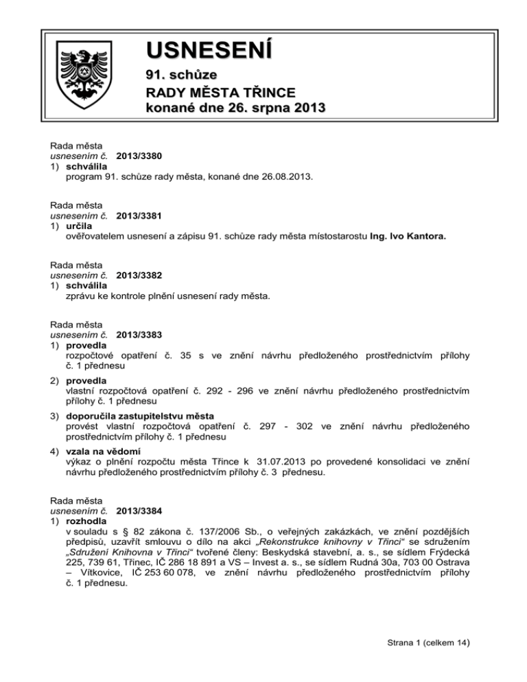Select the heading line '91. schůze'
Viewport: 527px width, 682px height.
pos(178,74)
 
